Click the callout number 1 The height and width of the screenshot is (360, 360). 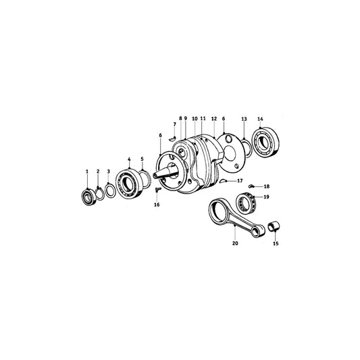click(x=86, y=172)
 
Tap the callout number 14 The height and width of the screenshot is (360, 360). click(x=261, y=119)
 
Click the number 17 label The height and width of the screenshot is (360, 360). click(x=240, y=180)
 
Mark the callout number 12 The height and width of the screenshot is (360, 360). click(x=213, y=118)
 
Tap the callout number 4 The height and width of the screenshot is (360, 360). click(x=129, y=159)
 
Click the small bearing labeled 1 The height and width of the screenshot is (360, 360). click(x=86, y=197)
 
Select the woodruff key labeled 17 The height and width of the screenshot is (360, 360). click(x=224, y=181)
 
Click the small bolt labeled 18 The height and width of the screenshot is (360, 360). click(x=251, y=186)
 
